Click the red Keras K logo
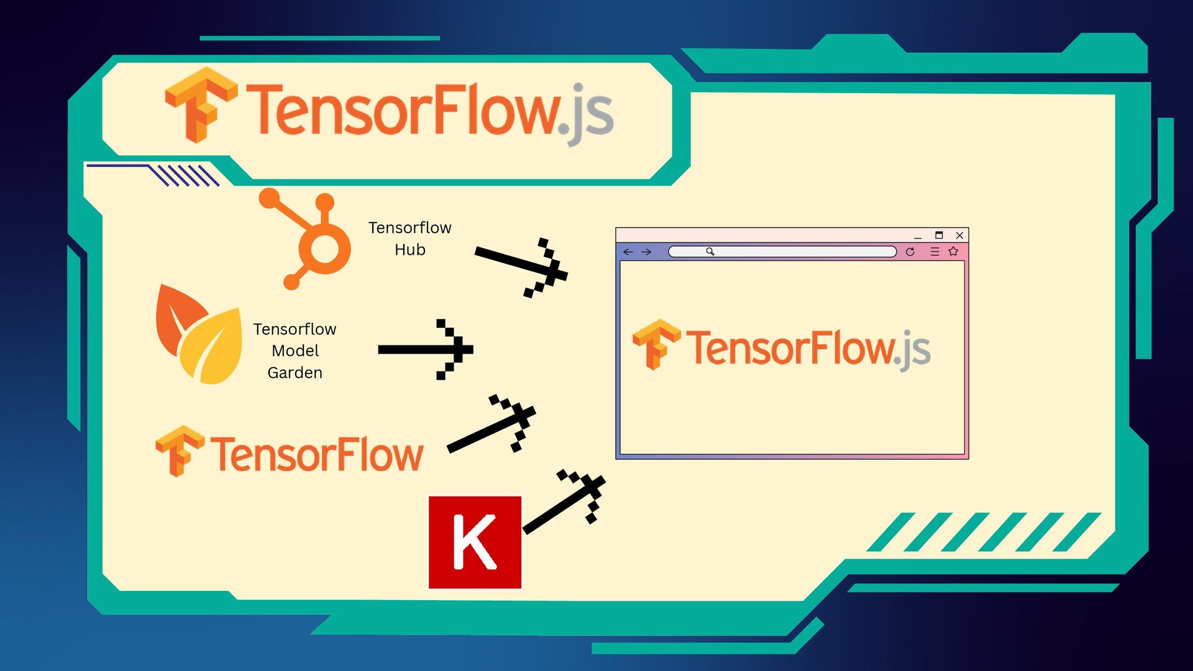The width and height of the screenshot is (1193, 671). coord(475,542)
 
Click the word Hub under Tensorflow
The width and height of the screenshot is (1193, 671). coord(410,250)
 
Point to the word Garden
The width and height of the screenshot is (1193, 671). coord(295,373)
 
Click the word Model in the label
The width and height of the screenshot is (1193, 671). coord(295,351)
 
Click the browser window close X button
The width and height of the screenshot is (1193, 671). coord(959,235)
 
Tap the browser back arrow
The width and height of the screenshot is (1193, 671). coord(628,252)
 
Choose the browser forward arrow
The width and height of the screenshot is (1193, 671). coord(646,252)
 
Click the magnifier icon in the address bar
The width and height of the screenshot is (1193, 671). coord(710,252)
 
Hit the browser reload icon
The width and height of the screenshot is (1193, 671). coord(910,252)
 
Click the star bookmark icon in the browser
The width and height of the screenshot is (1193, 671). coord(953,252)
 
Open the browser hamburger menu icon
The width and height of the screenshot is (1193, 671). coord(935,252)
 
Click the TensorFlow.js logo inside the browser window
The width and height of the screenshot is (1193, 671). coord(782,347)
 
